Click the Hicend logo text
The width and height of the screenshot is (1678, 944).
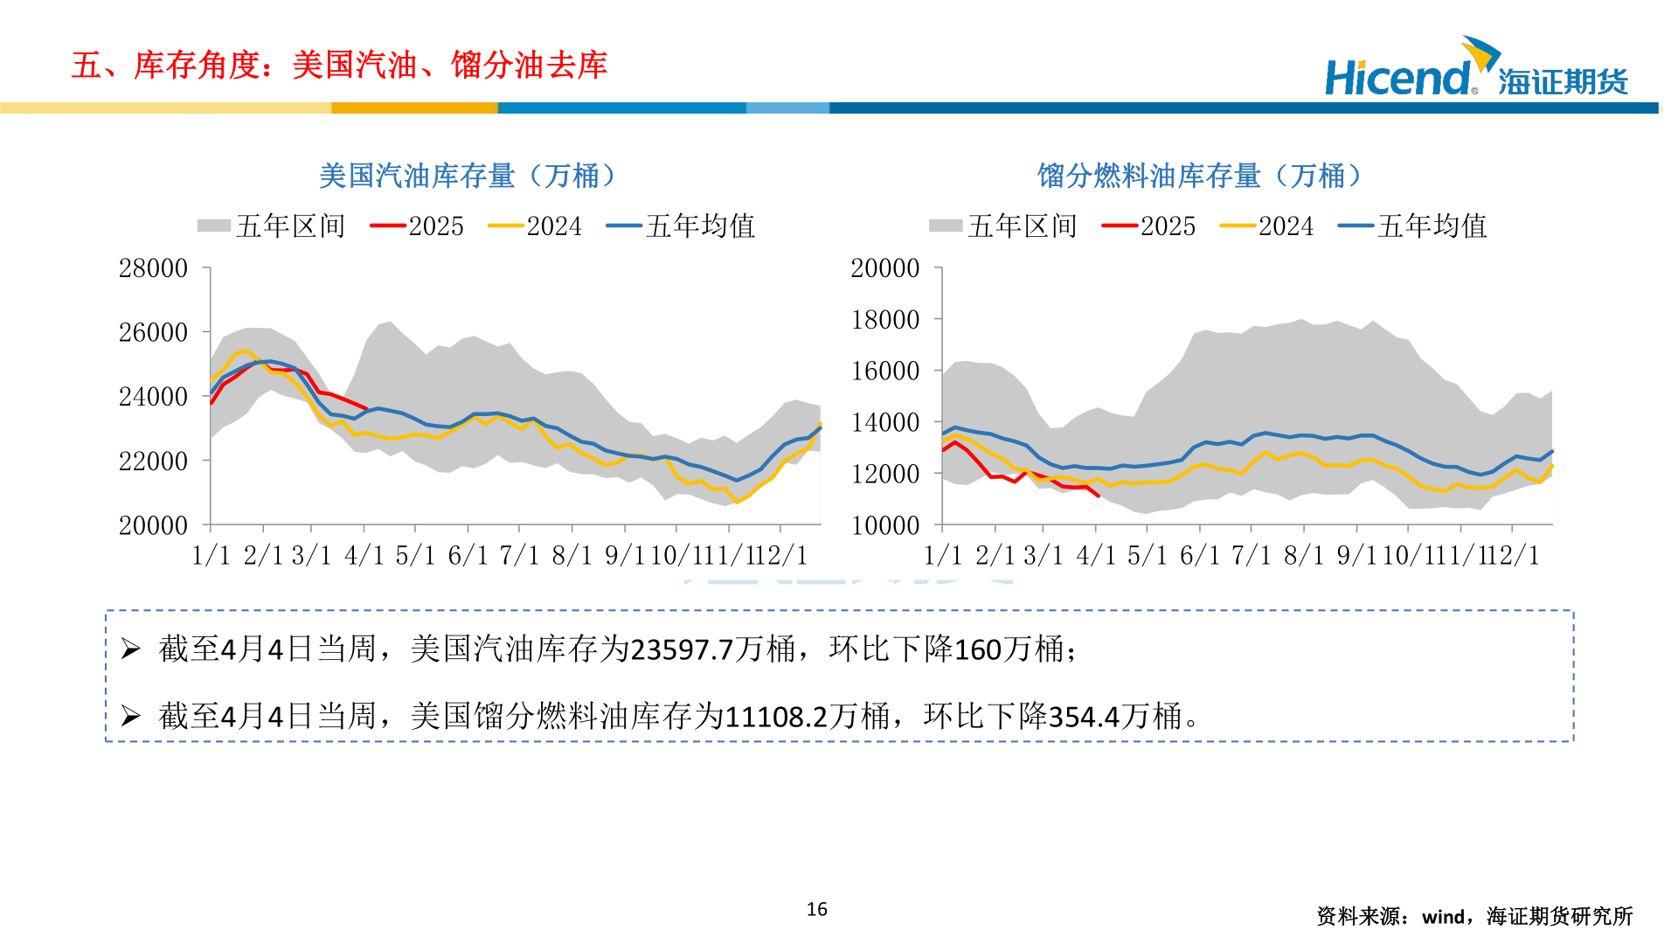click(1398, 78)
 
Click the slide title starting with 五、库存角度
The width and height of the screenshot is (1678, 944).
click(339, 66)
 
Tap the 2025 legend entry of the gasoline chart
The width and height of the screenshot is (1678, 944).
click(418, 226)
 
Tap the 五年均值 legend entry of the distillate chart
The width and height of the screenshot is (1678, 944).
click(1413, 226)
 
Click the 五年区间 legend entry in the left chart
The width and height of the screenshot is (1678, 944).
click(272, 226)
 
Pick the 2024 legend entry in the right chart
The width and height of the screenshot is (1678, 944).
click(1268, 226)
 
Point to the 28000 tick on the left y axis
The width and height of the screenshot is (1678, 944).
click(153, 268)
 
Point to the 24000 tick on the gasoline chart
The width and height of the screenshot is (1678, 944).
click(153, 397)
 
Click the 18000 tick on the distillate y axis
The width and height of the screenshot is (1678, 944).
click(884, 320)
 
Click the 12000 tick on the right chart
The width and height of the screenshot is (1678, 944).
click(884, 474)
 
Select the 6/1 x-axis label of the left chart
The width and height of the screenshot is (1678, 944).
click(468, 555)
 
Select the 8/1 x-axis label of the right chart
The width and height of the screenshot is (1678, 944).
click(1304, 555)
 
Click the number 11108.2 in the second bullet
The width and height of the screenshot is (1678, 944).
click(776, 717)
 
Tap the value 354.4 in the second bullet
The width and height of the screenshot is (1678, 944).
click(1084, 717)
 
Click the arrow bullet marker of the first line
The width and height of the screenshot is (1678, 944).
click(130, 649)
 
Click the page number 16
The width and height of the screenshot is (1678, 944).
click(816, 909)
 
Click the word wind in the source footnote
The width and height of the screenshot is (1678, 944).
click(1443, 917)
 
